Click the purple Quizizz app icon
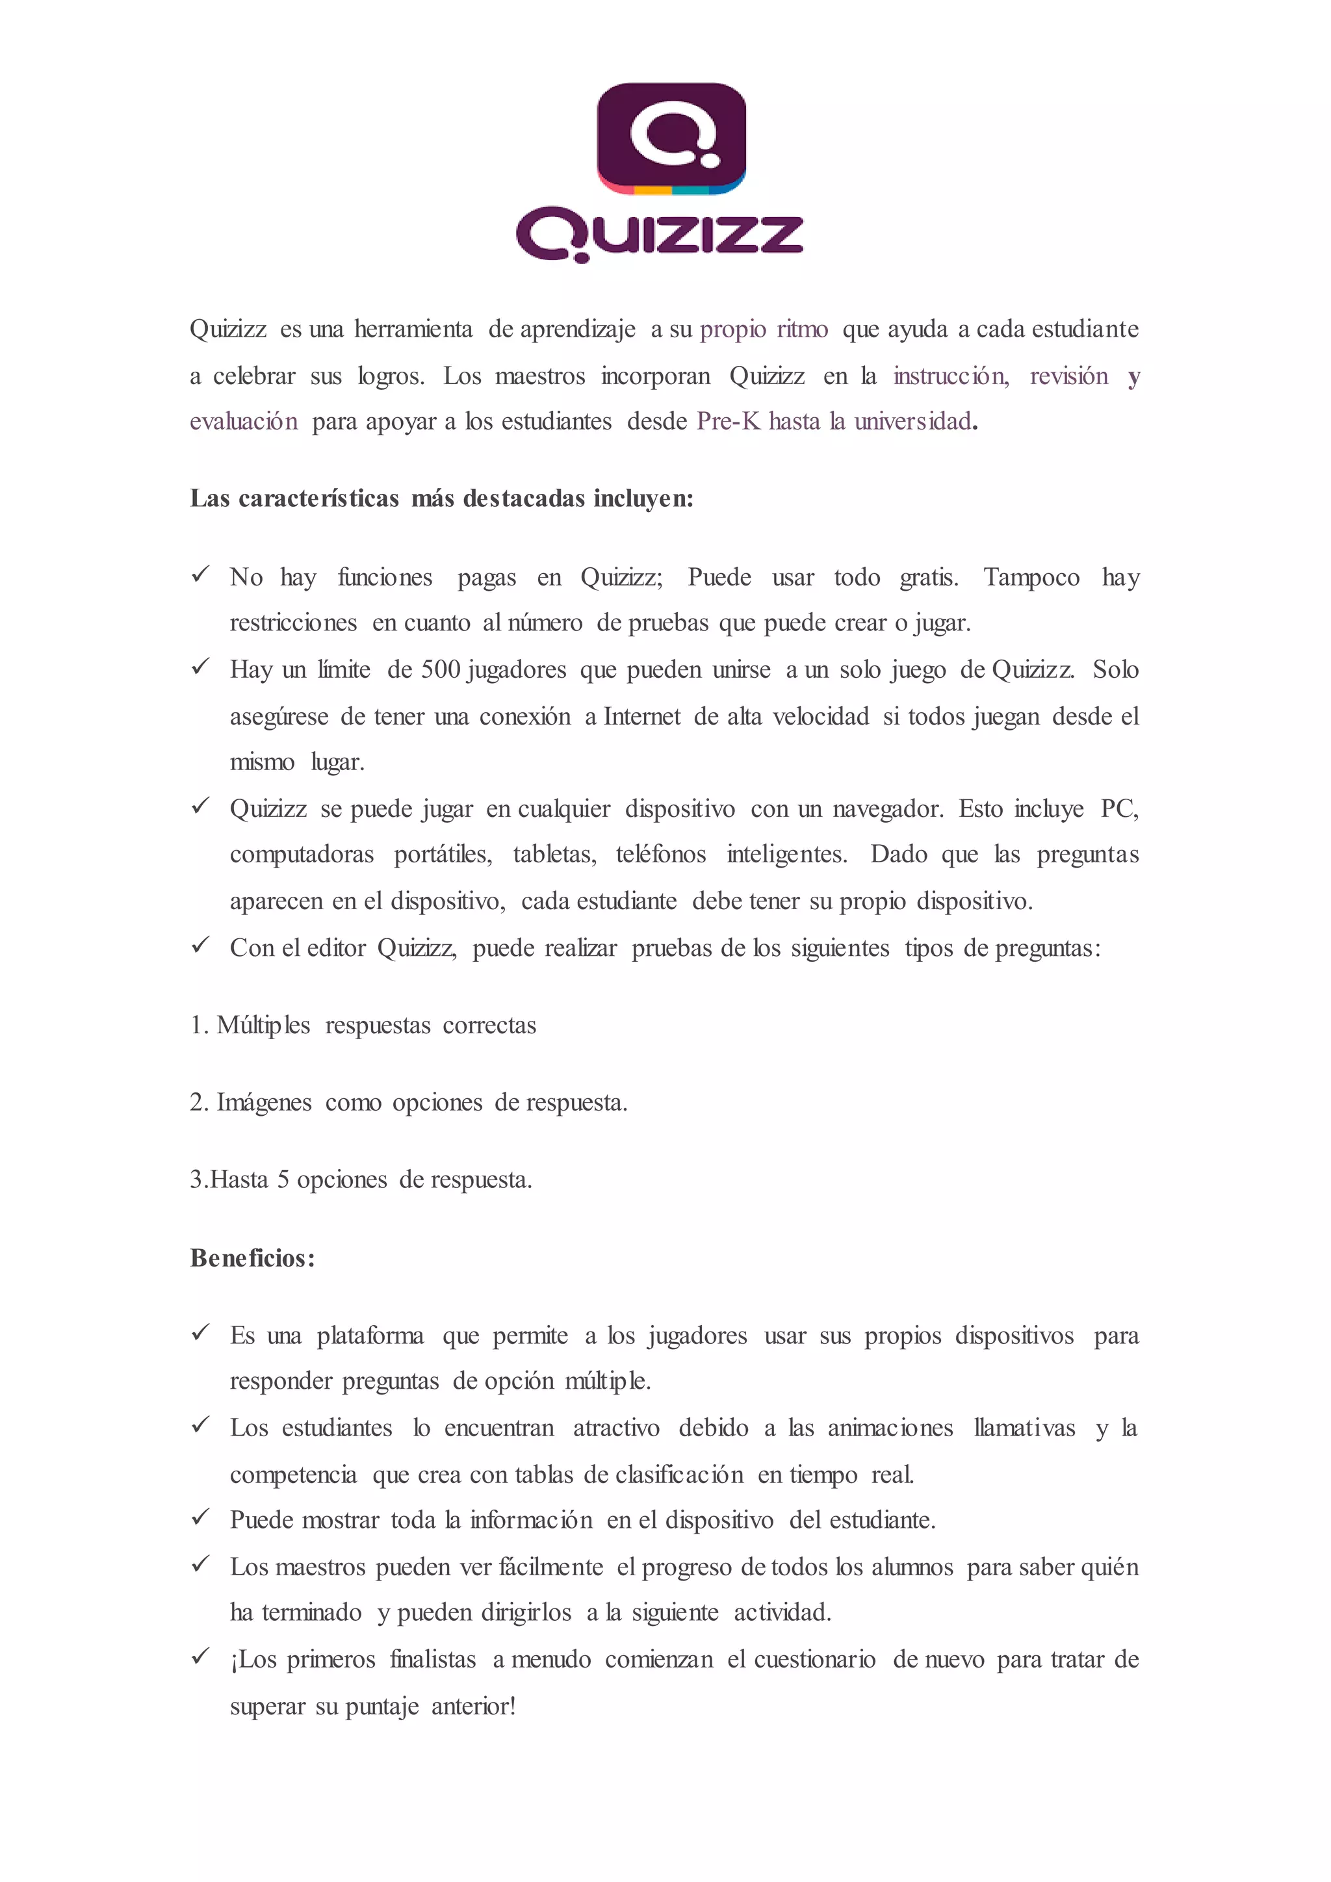(x=671, y=138)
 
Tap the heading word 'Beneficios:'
(x=252, y=1258)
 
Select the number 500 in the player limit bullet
(x=441, y=670)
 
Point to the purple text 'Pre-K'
(x=728, y=421)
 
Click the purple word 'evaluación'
(x=244, y=421)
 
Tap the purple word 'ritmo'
(x=803, y=329)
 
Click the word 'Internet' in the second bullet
(x=641, y=716)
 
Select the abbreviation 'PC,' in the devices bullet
(x=1118, y=809)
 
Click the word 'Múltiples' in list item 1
(x=263, y=1025)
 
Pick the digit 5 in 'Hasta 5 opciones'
(x=283, y=1180)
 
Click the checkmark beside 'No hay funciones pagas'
(x=200, y=574)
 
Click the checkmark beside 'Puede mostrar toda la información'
(x=200, y=1517)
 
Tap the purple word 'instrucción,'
(x=951, y=376)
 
